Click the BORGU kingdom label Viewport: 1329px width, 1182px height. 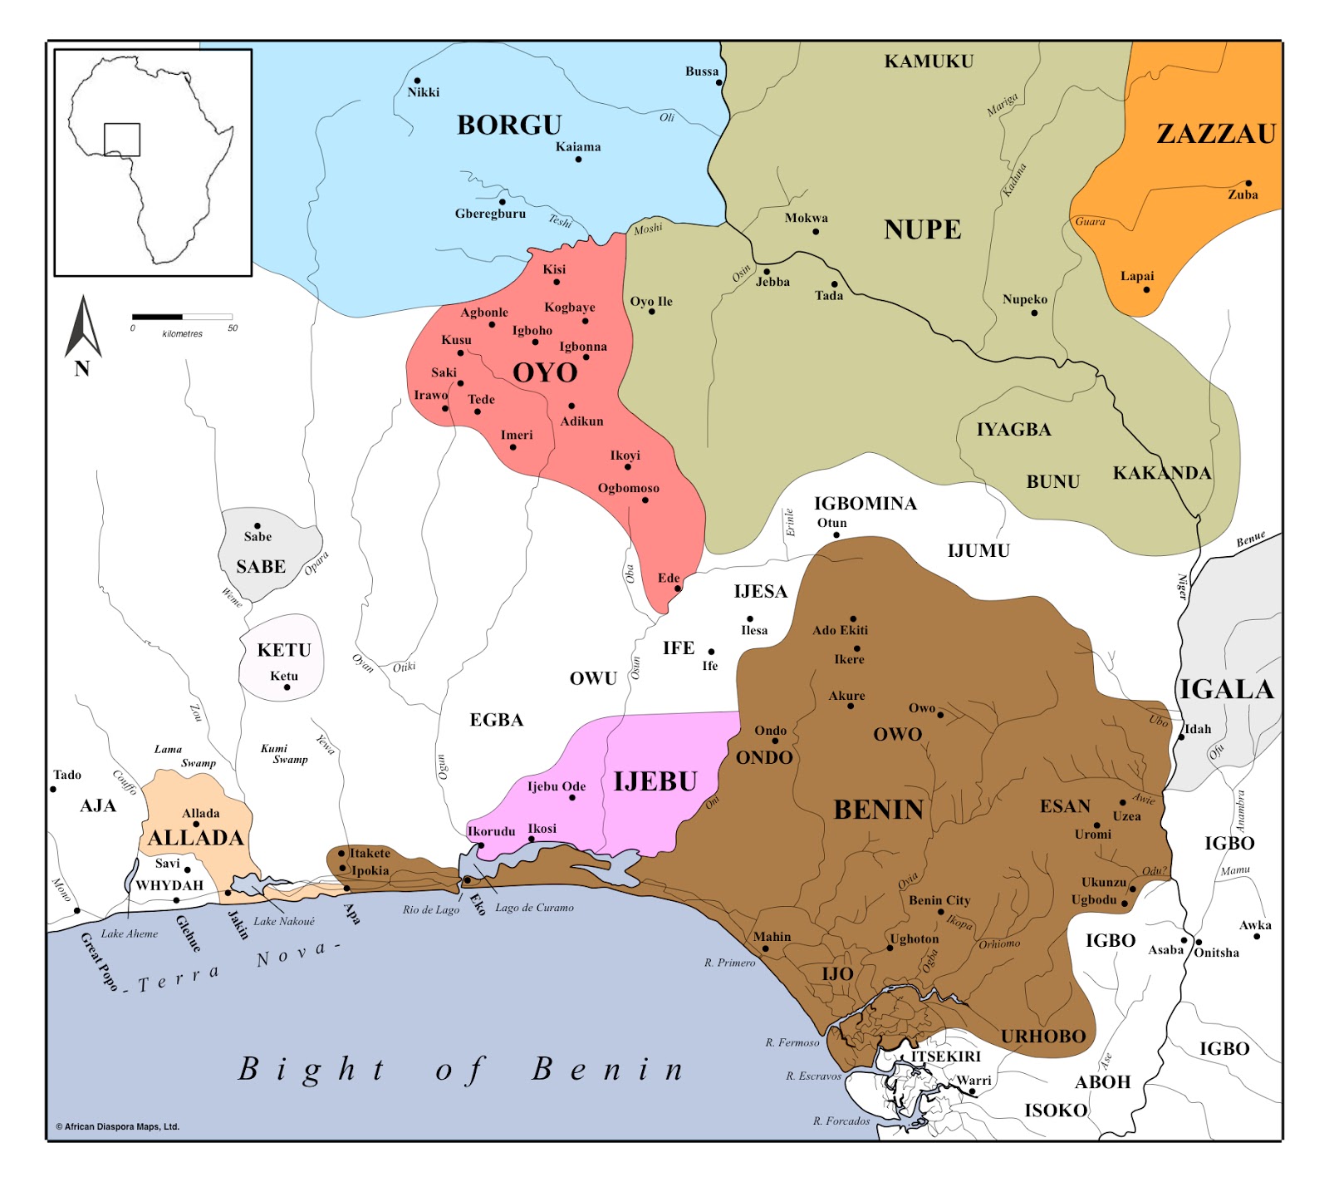(509, 125)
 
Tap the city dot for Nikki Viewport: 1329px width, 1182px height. (417, 81)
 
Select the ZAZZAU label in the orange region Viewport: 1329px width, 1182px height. (1216, 134)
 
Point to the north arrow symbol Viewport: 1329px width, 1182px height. (82, 328)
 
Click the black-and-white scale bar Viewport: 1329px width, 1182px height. (182, 317)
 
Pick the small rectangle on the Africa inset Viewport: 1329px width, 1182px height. (122, 140)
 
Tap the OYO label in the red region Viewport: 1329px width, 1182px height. (545, 372)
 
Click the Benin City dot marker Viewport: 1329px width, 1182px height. (941, 912)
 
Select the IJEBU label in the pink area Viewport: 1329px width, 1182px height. (655, 781)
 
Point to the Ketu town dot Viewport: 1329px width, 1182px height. (287, 687)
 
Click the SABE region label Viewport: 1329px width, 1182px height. (261, 567)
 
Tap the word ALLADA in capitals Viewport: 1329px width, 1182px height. (196, 838)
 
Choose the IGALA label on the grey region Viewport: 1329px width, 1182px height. (1227, 689)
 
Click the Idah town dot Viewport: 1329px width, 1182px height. (1181, 736)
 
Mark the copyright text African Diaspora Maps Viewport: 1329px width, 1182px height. (117, 1127)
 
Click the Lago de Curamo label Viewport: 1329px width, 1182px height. (534, 908)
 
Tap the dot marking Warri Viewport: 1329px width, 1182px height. (972, 1091)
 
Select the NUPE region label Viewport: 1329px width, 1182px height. (922, 229)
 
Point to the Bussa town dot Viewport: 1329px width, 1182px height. (719, 82)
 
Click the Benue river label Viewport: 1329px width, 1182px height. (1250, 539)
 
